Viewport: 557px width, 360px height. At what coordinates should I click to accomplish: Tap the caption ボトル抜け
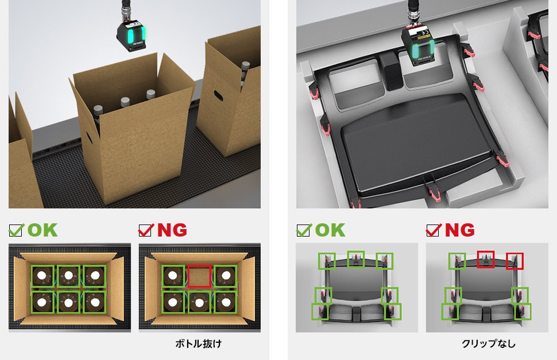pos(199,343)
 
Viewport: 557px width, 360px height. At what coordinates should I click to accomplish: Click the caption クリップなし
pos(489,343)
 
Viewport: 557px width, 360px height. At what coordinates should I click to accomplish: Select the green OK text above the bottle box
pos(42,230)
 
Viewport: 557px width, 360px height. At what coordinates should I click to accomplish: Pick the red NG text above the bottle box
pos(172,230)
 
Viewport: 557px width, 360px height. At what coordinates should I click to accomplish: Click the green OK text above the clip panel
pos(330,230)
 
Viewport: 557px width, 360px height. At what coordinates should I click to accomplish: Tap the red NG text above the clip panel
pos(460,230)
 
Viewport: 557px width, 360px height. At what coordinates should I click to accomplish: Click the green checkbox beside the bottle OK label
pos(16,230)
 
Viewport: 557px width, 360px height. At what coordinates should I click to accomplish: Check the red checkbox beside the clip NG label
pos(433,230)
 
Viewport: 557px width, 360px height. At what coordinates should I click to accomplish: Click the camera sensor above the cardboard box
pos(131,35)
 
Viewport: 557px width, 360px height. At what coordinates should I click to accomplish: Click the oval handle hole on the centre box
pos(88,138)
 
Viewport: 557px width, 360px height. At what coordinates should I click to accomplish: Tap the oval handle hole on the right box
pos(218,95)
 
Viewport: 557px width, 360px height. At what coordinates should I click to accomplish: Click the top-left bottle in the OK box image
pos(42,276)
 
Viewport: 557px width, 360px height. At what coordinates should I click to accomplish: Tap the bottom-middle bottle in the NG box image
pos(199,303)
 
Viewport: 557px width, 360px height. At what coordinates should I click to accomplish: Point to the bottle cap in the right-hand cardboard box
pos(245,65)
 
